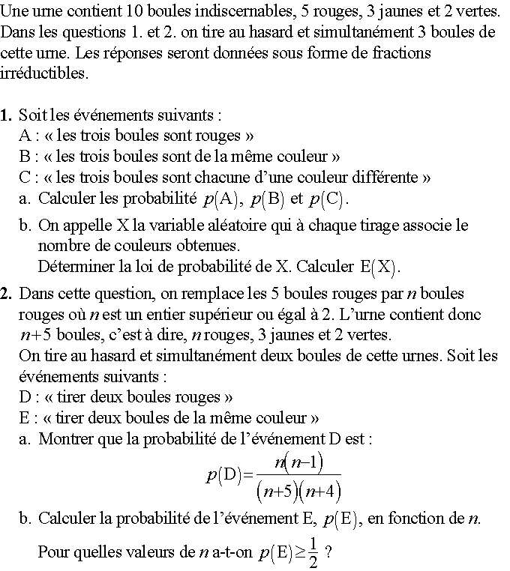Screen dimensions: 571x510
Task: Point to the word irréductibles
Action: [44, 74]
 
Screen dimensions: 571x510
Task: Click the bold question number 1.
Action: [7, 115]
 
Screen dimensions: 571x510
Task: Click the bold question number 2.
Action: [7, 293]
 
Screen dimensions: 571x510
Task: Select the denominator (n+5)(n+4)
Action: [298, 491]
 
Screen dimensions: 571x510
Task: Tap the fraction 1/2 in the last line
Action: [313, 553]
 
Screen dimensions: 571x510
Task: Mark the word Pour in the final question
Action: [52, 554]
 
